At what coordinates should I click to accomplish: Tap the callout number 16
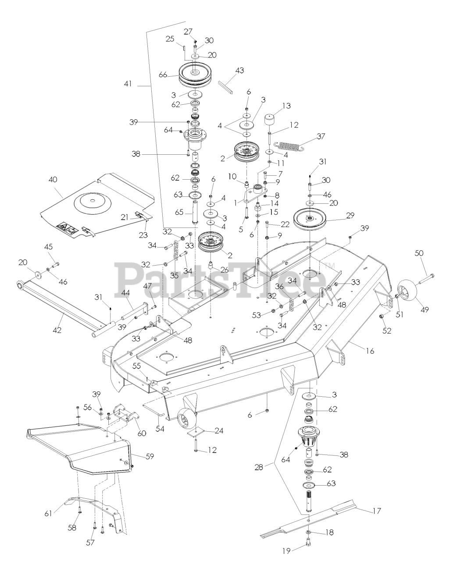tap(370, 351)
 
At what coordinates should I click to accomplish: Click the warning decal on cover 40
tap(64, 227)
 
